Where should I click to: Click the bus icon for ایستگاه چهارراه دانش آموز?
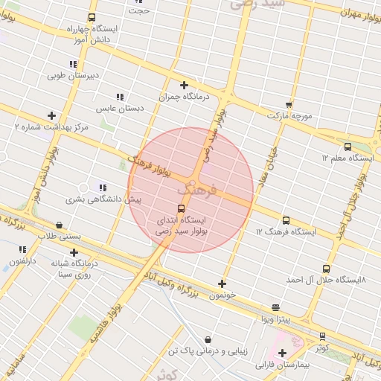point(92,17)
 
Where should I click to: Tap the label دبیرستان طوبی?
point(73,75)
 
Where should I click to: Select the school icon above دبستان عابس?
point(119,97)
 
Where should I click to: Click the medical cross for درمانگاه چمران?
point(184,85)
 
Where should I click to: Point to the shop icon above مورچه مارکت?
point(289,104)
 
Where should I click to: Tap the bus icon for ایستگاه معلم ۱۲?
point(348,147)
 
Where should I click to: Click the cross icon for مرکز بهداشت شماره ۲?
point(51,115)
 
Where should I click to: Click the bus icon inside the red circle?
point(181,208)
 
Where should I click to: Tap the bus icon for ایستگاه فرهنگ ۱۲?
point(286,220)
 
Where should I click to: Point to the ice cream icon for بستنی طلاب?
point(60,225)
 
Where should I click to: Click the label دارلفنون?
point(21,260)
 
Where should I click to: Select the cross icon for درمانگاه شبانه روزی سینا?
point(74,252)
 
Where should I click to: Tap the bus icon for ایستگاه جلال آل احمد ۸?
point(325,269)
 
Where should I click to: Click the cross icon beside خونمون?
point(222,284)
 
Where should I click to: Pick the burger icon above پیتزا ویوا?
point(276,307)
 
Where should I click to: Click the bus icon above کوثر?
point(322,336)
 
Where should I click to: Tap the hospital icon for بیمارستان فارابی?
point(281,353)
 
